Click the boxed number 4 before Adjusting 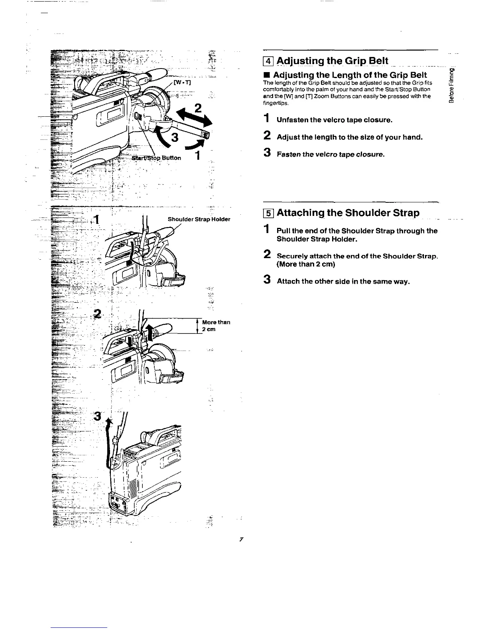coord(268,61)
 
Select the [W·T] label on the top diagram coord(183,83)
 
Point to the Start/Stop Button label coord(157,157)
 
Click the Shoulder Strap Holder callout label coord(199,219)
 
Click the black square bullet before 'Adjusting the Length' coord(266,75)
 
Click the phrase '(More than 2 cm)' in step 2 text coord(306,264)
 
